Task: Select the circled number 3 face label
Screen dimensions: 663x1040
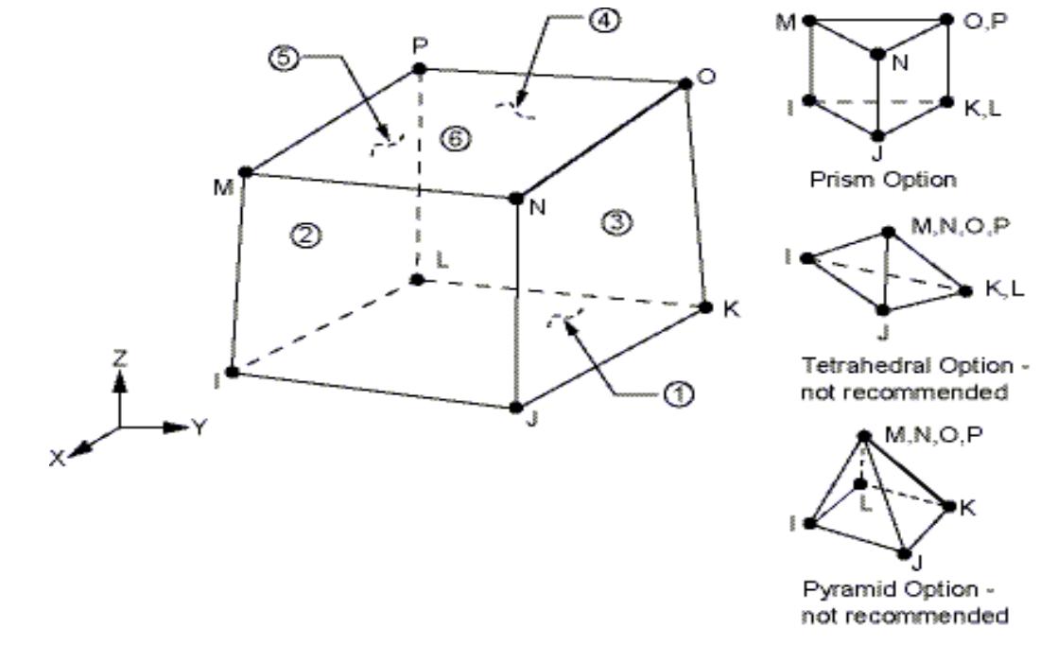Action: (x=612, y=220)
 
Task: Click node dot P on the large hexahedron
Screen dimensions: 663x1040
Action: (x=419, y=68)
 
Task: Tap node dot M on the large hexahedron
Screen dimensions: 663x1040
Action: (x=245, y=172)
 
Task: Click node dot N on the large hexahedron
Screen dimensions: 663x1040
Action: (x=516, y=198)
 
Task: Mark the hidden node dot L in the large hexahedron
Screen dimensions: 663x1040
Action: (x=418, y=279)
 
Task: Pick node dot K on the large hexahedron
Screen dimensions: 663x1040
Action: (x=704, y=306)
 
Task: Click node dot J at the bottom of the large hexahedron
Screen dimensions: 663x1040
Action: (x=515, y=408)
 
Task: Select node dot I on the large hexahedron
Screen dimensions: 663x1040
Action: (x=232, y=372)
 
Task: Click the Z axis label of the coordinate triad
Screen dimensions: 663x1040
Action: (x=120, y=358)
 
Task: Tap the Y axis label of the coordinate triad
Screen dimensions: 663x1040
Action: (x=199, y=427)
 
